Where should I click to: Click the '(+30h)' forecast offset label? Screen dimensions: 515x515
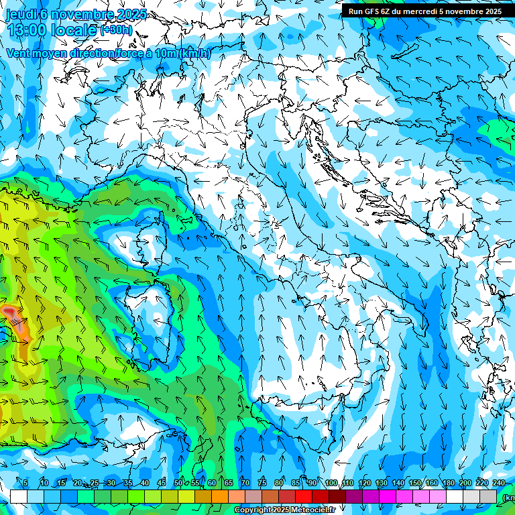coord(117,30)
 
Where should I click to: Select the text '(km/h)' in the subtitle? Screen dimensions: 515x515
coord(195,53)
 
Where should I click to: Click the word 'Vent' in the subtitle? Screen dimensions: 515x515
coord(18,53)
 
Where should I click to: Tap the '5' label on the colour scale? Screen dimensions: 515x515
coord(25,483)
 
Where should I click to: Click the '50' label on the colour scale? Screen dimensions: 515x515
coord(178,483)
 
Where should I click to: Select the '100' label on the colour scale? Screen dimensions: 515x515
coord(331,483)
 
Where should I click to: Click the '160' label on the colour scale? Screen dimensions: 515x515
coord(433,483)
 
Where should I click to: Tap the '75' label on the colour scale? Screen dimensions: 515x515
coord(262,483)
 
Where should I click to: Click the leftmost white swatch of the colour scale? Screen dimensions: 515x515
coord(19,496)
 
